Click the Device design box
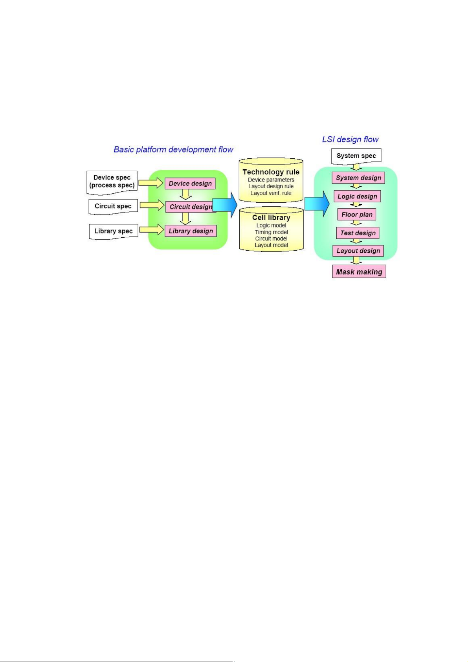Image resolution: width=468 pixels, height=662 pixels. (190, 183)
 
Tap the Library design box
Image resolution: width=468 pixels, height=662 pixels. (191, 231)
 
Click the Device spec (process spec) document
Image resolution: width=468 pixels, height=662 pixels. (112, 183)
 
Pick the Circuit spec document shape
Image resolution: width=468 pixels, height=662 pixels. (113, 206)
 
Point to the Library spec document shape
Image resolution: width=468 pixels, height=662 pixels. (114, 231)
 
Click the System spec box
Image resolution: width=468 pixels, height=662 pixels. (356, 156)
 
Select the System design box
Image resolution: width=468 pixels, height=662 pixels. (358, 178)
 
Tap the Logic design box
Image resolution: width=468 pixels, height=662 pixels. (357, 196)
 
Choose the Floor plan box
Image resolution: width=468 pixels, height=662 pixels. (357, 215)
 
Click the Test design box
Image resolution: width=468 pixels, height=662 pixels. (358, 233)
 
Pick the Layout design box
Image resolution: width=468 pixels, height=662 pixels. (358, 251)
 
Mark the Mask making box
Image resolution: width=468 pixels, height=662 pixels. (359, 271)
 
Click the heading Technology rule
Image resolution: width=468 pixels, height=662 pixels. (271, 172)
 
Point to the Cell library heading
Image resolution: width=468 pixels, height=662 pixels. (271, 218)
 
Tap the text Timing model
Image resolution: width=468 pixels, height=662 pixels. (271, 232)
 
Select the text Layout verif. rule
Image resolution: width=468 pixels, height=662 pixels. (271, 193)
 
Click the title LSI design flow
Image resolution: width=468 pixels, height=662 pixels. (350, 139)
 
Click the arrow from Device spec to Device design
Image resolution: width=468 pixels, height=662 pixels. (151, 183)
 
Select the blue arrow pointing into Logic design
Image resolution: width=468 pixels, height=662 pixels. (317, 204)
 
